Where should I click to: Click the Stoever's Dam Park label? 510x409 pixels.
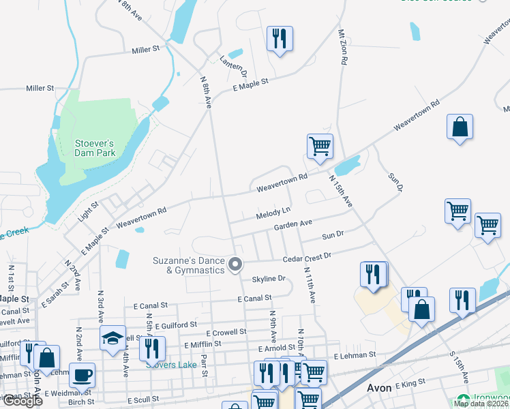tap(94, 148)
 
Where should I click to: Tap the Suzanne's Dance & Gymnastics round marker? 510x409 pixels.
tap(236, 264)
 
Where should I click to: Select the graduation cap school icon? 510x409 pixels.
tap(113, 338)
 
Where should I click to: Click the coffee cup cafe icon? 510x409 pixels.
tap(82, 375)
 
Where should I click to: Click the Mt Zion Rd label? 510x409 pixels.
tap(342, 47)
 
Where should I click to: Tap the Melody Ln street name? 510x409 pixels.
tap(273, 214)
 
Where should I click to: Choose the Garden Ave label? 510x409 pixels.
tap(293, 224)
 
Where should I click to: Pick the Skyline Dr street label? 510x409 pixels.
tap(269, 279)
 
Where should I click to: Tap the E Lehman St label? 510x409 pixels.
tap(355, 355)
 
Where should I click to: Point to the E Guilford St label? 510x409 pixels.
tap(175, 325)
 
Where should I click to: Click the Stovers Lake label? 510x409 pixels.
tap(168, 364)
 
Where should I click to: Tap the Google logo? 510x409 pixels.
tap(22, 402)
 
